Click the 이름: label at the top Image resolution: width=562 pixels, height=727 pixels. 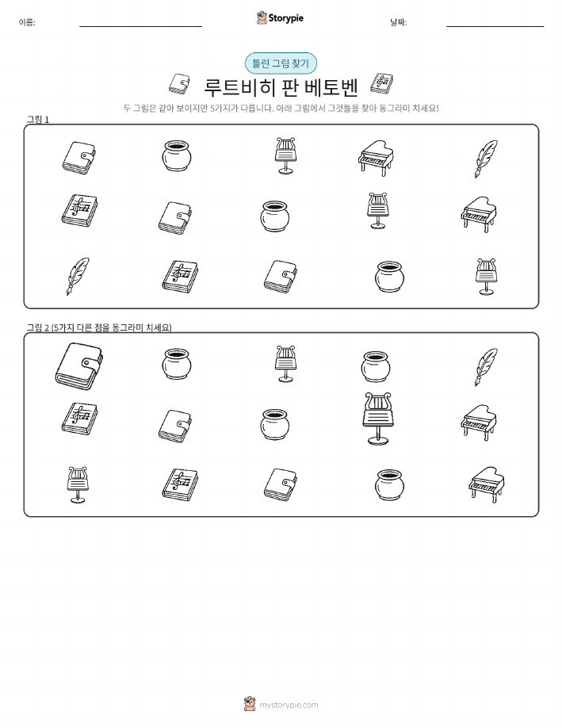pos(27,22)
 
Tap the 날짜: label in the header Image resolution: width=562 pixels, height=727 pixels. pos(399,22)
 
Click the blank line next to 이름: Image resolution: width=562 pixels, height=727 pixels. pos(140,26)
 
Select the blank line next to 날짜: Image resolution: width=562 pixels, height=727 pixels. pos(495,26)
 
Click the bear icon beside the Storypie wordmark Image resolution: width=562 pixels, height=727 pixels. pos(262,17)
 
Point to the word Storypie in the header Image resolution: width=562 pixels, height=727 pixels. pos(286,18)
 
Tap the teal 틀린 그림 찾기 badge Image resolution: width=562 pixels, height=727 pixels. pos(281,63)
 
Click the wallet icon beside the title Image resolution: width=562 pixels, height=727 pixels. pos(179,84)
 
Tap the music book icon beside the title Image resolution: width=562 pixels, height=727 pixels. pos(381,84)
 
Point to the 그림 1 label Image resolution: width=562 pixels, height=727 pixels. pos(37,120)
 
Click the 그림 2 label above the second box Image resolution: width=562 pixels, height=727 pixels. pos(37,327)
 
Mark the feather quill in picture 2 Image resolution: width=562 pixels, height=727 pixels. pos(485,367)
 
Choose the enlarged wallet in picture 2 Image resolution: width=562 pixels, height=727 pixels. pos(78,366)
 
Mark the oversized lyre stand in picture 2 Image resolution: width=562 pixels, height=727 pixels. pos(378,419)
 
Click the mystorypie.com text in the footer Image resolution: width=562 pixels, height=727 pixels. pos(289,705)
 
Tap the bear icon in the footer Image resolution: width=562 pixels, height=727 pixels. pos(250,704)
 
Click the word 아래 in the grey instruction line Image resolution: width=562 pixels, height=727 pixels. pos(284,109)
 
